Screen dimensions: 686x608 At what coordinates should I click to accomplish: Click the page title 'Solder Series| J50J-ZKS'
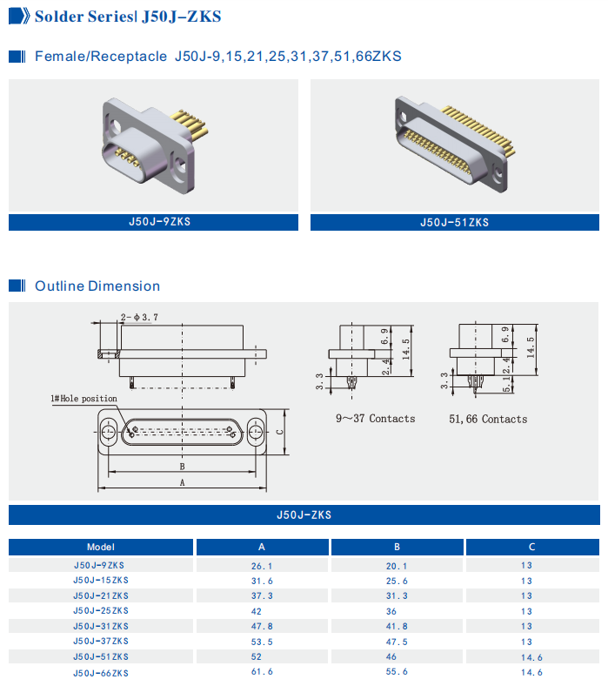click(x=127, y=16)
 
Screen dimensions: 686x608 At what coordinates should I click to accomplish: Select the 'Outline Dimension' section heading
click(x=97, y=286)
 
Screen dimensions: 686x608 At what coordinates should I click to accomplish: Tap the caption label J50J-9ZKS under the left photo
click(x=153, y=222)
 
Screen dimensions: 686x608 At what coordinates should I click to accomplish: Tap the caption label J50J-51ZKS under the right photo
click(x=454, y=222)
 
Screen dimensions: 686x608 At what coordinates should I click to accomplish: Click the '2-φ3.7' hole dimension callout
click(x=139, y=318)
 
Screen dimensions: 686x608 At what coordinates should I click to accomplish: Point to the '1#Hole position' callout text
click(x=84, y=399)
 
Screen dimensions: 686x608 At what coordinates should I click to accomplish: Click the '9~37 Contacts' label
click(x=375, y=419)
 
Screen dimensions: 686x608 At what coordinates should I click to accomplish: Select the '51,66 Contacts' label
click(x=487, y=419)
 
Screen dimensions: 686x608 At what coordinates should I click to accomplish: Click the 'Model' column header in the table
click(x=101, y=548)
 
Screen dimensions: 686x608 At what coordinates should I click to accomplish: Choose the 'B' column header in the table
click(x=397, y=548)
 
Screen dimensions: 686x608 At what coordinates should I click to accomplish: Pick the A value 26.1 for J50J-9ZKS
click(x=262, y=566)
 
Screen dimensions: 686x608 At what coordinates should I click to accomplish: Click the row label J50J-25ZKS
click(x=101, y=611)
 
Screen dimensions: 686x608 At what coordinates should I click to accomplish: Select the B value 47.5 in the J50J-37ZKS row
click(x=397, y=642)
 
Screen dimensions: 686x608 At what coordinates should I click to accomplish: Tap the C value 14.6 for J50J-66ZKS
click(x=531, y=672)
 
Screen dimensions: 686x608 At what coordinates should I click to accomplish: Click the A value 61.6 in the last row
click(x=262, y=672)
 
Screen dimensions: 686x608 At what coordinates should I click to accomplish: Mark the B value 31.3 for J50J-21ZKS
click(x=397, y=596)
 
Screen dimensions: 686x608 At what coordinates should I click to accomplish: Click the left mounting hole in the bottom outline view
click(x=108, y=432)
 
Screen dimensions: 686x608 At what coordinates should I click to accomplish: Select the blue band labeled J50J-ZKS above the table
click(x=304, y=515)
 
